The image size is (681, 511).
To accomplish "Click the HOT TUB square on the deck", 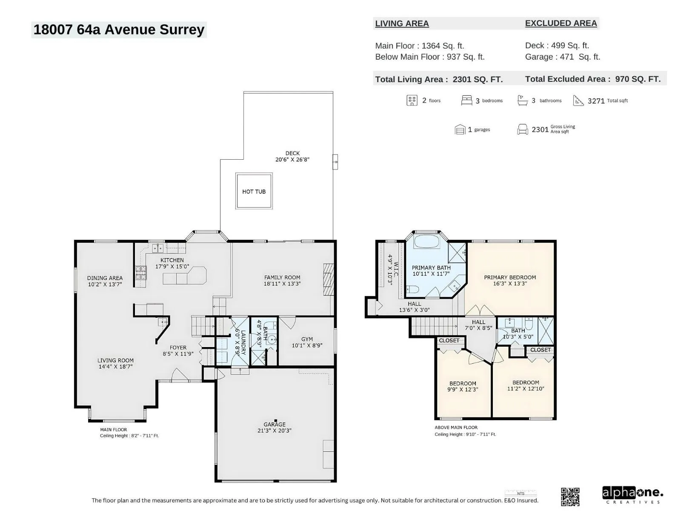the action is coord(254,191).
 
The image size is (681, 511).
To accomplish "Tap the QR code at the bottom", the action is coord(570,497).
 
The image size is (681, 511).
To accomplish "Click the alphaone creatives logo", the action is coord(632,494).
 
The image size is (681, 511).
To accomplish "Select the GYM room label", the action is coord(307,339).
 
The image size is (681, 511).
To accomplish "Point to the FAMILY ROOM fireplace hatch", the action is coord(329,279).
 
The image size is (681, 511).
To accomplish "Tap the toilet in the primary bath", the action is coord(412,290).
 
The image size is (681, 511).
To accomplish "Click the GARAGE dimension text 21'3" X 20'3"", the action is coord(274,431).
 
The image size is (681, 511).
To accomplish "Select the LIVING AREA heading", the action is coord(402,23).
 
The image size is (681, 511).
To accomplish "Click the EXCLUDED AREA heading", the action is coord(561,23).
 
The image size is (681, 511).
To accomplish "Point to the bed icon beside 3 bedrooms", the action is coord(466,100).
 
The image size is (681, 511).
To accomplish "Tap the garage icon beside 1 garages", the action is coord(460,129).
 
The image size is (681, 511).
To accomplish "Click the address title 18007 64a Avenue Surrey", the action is coord(119,30).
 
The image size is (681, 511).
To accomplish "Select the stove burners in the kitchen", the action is coord(140,273).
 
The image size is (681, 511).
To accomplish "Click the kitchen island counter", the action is coord(185,276).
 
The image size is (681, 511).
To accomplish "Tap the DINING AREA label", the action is coord(105,278).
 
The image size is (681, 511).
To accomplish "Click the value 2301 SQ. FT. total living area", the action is coord(478,80).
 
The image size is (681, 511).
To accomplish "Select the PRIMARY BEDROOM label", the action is coord(510,277).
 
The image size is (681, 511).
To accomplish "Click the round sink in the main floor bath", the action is coord(272,339).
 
